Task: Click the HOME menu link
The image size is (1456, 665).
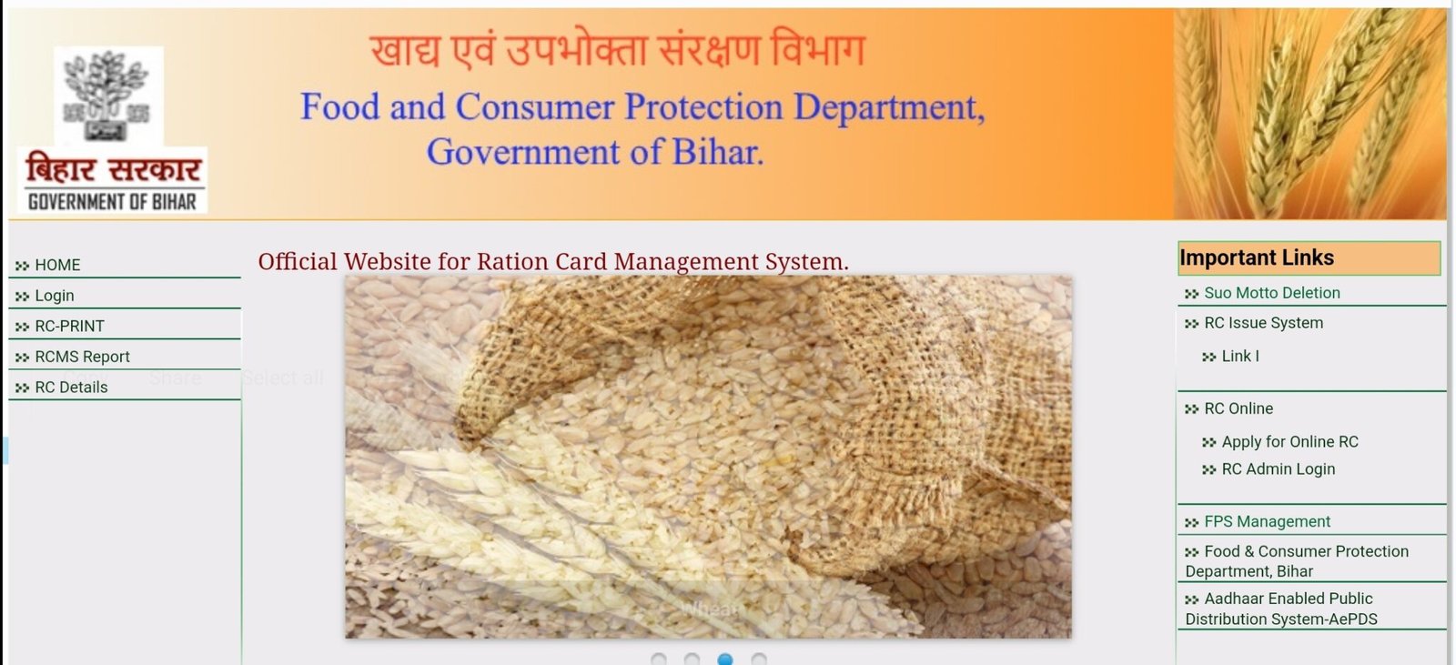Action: coord(57,265)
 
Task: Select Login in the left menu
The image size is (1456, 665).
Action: coord(55,296)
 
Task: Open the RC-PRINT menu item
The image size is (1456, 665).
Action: coord(69,326)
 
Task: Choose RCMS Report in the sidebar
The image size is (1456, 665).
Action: coord(82,357)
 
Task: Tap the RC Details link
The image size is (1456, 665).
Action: coord(71,387)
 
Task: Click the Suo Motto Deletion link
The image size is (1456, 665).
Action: coord(1271,293)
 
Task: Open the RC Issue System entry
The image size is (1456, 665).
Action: coord(1263,323)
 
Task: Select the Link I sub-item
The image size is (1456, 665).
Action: coord(1240,356)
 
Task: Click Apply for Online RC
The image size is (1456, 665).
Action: coord(1289,441)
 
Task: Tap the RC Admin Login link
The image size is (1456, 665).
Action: coord(1278,469)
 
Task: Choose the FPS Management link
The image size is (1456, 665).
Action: coord(1267,521)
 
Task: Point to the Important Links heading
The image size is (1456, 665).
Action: coord(1257,258)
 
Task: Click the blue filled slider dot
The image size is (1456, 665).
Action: coord(725,659)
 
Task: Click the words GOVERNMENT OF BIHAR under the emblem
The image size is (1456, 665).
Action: coord(112,202)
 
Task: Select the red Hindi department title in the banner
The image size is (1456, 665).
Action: coord(618,50)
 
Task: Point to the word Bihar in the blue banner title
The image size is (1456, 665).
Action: coord(716,152)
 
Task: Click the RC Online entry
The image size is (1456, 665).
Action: coord(1239,408)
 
